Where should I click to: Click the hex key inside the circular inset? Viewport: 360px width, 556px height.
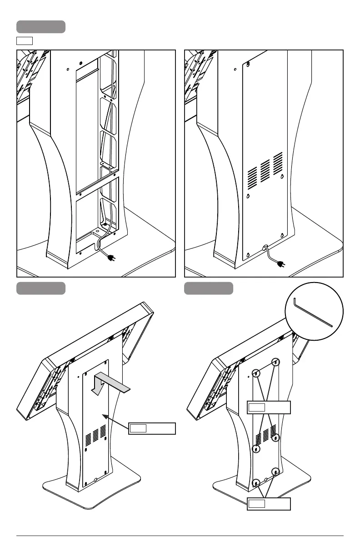[x=313, y=313]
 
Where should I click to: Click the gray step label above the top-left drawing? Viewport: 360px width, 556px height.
[x=41, y=27]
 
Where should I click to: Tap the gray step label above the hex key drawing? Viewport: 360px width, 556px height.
[x=209, y=288]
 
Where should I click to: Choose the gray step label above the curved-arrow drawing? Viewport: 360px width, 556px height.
[x=41, y=288]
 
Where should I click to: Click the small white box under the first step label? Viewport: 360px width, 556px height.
[x=25, y=41]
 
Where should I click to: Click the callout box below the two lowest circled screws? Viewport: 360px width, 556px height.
[x=269, y=504]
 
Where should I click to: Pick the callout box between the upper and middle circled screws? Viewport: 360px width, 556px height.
[x=269, y=407]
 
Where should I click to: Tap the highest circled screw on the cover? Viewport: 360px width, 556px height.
[x=275, y=362]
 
